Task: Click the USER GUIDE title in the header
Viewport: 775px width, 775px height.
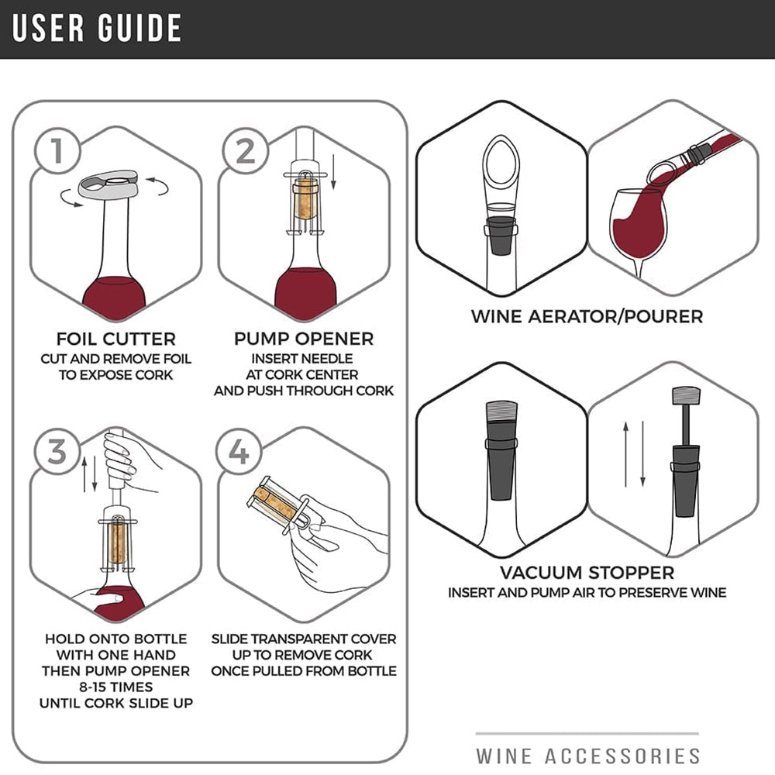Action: tap(97, 28)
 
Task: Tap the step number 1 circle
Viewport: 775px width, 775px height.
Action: tap(57, 151)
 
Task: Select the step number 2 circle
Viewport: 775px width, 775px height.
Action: tap(245, 151)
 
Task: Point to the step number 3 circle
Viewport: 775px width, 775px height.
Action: tap(57, 452)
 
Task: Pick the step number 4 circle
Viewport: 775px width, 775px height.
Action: tap(239, 452)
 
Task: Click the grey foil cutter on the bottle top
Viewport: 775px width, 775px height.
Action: tap(108, 184)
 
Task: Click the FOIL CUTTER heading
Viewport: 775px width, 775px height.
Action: tap(116, 339)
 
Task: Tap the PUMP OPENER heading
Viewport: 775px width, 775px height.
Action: tap(304, 339)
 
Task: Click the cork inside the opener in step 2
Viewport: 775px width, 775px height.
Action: tap(306, 198)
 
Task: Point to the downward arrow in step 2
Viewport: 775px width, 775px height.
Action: tap(333, 171)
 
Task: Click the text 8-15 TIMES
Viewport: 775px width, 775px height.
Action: tap(116, 687)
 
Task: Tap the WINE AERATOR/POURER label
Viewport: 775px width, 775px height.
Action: tap(587, 316)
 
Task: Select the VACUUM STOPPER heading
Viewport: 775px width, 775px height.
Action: tap(587, 573)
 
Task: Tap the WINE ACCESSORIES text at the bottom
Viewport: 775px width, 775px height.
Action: tap(588, 756)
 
